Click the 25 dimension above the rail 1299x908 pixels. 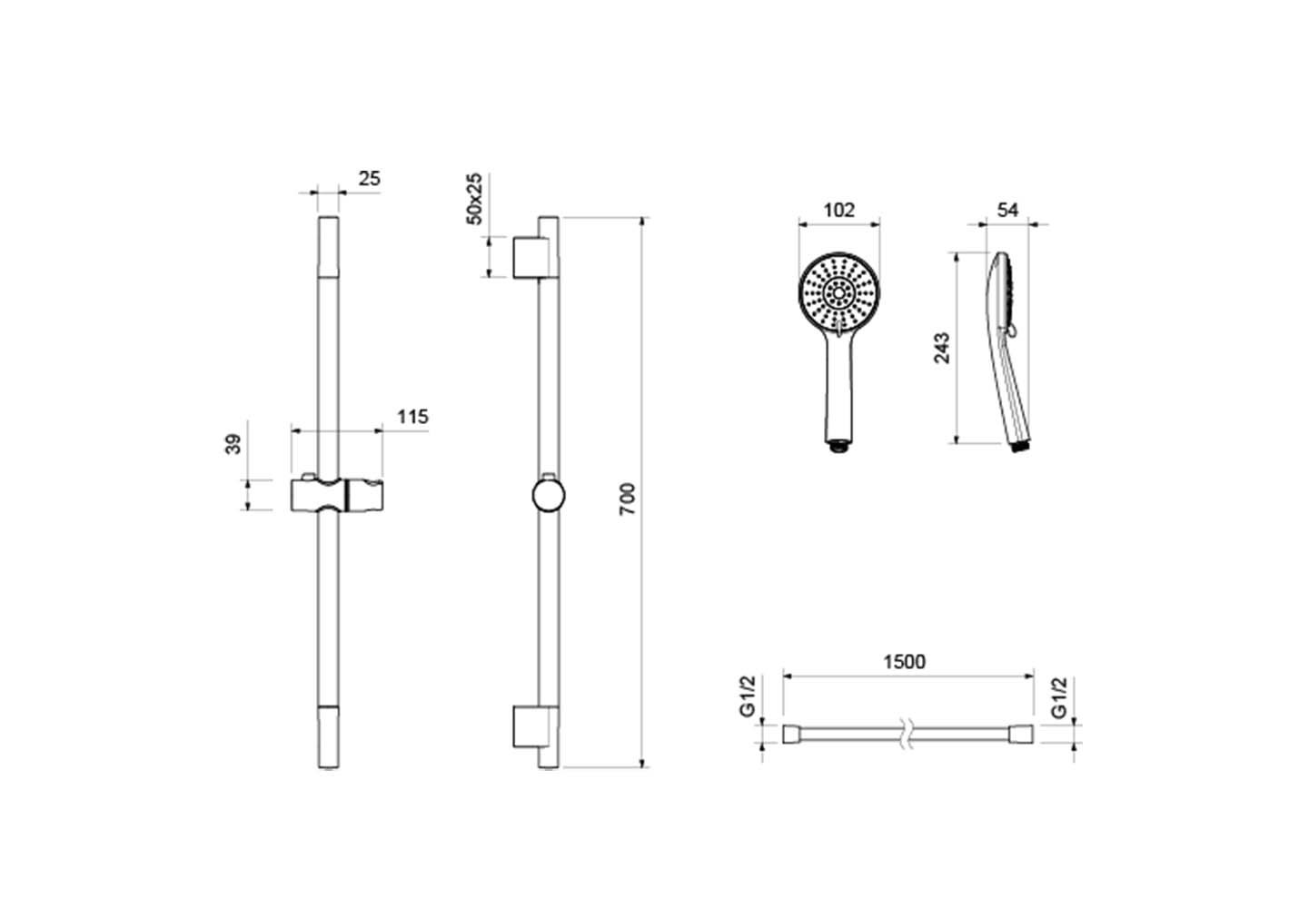pos(370,179)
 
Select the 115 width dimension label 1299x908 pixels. pos(412,416)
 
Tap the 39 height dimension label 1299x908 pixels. pos(233,444)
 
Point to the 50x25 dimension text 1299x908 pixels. pos(474,198)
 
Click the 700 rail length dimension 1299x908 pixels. pos(628,498)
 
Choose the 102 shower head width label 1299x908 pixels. pos(839,210)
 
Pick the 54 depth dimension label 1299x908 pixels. pos(1008,210)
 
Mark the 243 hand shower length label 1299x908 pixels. pos(942,348)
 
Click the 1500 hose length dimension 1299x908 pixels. pos(904,662)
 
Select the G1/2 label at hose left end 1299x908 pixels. pos(749,696)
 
